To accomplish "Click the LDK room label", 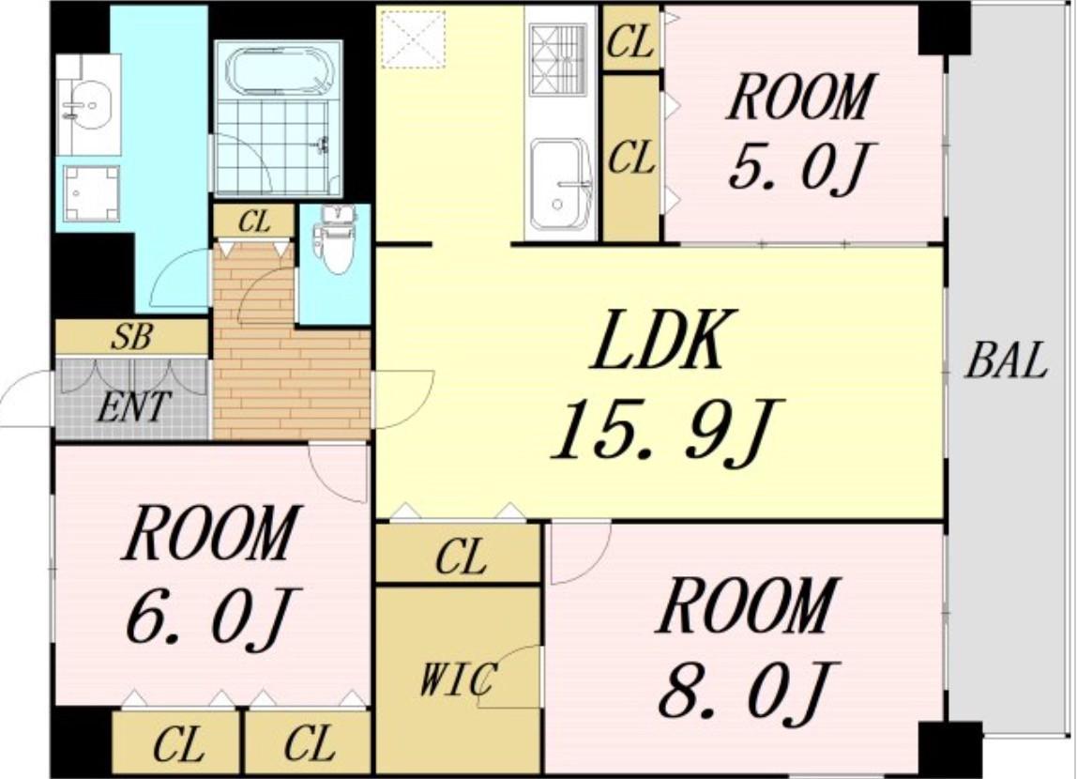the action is click(x=659, y=341).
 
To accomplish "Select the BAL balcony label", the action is click(x=1007, y=360).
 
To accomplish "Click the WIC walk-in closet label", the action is click(x=458, y=680).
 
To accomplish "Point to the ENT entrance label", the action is click(x=133, y=406).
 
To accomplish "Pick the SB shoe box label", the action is click(x=131, y=337).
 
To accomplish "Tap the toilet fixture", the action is click(x=335, y=239).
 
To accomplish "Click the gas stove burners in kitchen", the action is click(x=557, y=60).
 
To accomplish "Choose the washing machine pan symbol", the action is click(x=91, y=193).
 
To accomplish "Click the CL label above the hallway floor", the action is click(x=255, y=221).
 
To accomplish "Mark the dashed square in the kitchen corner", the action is click(x=414, y=38).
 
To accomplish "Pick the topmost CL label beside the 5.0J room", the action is click(x=630, y=42).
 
